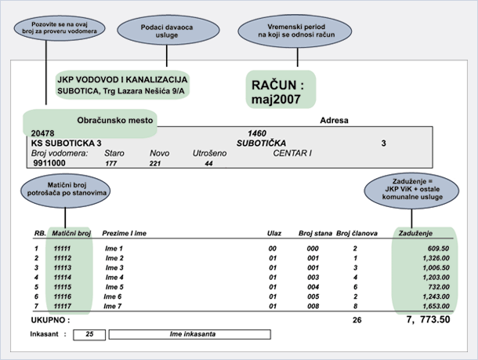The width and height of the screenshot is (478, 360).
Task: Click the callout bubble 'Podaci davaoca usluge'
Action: point(168,31)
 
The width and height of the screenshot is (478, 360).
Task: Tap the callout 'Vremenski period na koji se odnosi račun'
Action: point(295,31)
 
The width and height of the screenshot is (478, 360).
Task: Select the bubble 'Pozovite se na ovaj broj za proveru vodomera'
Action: point(60,28)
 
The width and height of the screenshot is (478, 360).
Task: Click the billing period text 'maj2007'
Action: point(276,99)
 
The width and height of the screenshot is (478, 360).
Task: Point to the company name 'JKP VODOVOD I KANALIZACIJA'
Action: point(122,80)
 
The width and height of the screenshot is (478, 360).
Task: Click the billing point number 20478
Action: point(42,133)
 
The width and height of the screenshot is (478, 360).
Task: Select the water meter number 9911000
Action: point(49,163)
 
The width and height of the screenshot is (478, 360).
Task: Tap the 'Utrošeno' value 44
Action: point(208,163)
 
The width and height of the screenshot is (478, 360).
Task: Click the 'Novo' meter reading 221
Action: point(155,163)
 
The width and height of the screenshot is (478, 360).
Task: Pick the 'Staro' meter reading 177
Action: point(111,163)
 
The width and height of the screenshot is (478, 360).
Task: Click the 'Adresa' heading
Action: point(334,120)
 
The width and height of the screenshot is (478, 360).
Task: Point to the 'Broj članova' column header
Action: point(357,234)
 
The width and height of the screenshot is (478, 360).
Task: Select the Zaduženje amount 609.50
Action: point(438,249)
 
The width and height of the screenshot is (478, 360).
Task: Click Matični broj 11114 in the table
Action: point(62,278)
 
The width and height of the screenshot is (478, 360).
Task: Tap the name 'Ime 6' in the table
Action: point(113,296)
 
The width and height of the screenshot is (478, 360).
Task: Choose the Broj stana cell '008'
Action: point(313,306)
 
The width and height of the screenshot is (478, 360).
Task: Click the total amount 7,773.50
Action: point(429,319)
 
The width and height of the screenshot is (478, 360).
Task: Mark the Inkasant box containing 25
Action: point(89,334)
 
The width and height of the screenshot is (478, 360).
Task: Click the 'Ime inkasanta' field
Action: point(190,334)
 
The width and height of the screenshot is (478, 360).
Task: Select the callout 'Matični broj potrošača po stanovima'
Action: point(66,190)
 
